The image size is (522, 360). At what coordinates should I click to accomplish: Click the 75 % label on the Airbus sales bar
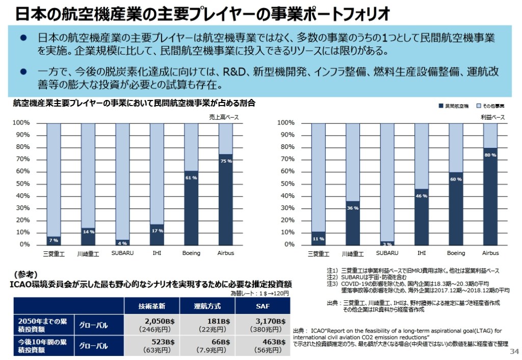pyautogui.click(x=226, y=161)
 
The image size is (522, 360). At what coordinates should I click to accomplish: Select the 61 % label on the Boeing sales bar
pyautogui.click(x=191, y=178)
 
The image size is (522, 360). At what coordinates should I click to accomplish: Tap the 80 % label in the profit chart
pyautogui.click(x=490, y=155)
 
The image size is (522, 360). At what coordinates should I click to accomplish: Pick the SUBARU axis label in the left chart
pyautogui.click(x=122, y=253)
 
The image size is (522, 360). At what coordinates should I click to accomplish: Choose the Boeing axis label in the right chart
pyautogui.click(x=456, y=253)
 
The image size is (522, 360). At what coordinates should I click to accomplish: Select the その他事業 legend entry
pyautogui.click(x=490, y=106)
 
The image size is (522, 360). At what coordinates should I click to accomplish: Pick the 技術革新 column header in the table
pyautogui.click(x=152, y=306)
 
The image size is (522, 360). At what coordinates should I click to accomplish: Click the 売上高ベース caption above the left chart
pyautogui.click(x=224, y=117)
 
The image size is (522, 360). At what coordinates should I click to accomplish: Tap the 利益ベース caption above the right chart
pyautogui.click(x=493, y=117)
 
